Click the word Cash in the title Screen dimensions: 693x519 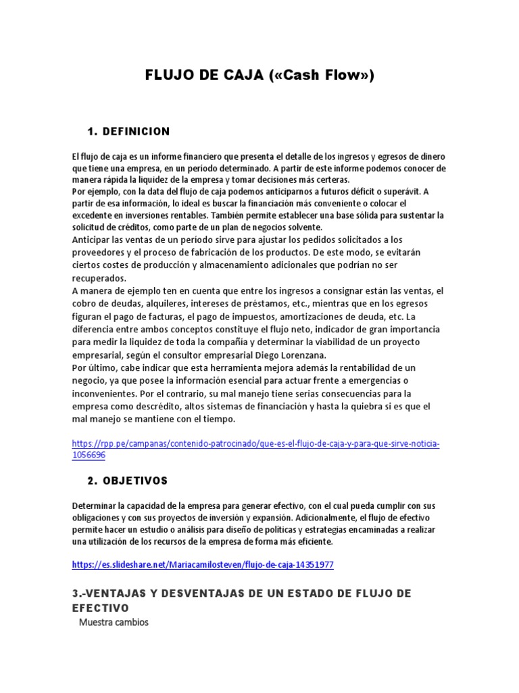(295, 75)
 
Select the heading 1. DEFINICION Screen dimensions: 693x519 (128, 131)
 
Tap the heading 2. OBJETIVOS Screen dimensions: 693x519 (128, 481)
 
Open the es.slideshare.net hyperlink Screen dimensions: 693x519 (203, 564)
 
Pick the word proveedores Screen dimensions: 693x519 (98, 252)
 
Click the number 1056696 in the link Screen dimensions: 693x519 (89, 455)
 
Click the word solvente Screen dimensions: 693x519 (302, 227)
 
